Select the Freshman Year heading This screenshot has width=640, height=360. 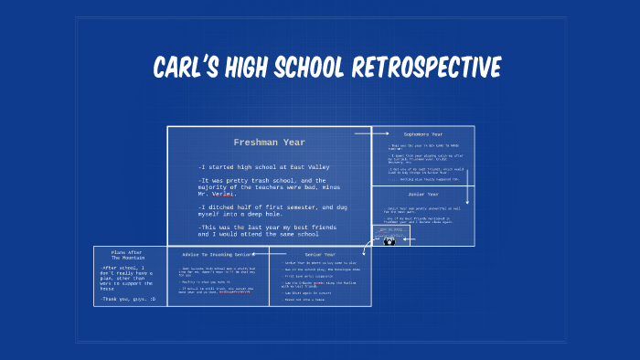269,143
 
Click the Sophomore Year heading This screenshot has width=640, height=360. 422,133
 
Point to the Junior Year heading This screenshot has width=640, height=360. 422,194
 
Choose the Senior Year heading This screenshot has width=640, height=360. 320,254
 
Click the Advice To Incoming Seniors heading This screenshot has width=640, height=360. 218,253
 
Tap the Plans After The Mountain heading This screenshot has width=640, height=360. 129,255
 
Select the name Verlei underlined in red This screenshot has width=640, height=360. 222,194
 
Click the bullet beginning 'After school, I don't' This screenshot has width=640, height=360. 129,277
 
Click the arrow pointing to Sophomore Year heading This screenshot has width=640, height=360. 366,133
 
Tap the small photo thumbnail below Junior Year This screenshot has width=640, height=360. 389,241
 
